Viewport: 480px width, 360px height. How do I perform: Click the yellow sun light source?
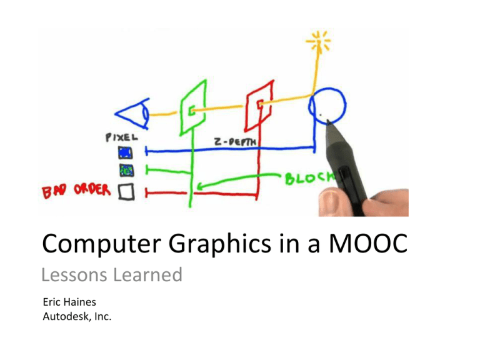click(x=318, y=41)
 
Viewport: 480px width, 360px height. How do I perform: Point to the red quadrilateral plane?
click(x=249, y=104)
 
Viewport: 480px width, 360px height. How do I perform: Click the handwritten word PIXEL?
click(x=121, y=137)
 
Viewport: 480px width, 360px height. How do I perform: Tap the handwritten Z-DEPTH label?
click(x=235, y=142)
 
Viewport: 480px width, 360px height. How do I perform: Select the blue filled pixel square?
click(x=126, y=152)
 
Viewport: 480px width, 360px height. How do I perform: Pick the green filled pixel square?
click(x=126, y=170)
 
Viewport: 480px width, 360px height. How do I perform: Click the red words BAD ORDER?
click(x=76, y=191)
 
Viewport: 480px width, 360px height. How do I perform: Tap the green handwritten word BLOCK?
click(x=310, y=178)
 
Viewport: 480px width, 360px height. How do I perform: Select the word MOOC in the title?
click(x=368, y=244)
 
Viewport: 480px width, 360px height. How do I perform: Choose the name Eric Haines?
click(x=69, y=302)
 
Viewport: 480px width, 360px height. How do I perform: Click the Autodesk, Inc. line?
click(x=77, y=316)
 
